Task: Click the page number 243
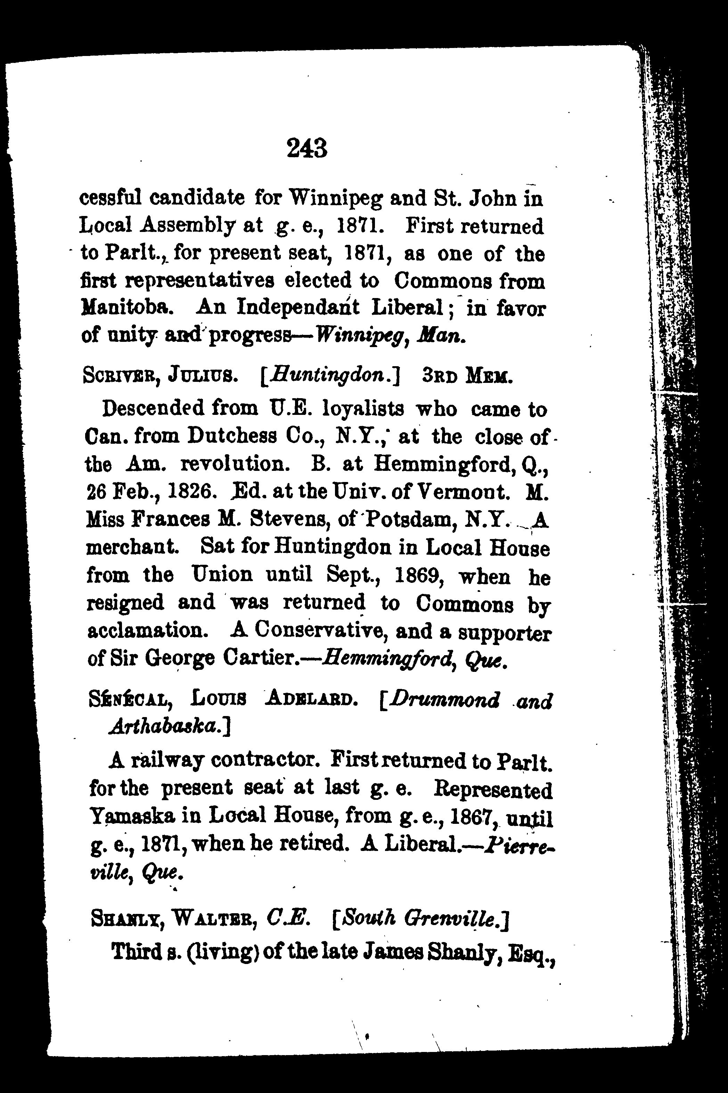point(307,148)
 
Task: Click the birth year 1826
point(191,492)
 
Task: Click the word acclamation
point(145,631)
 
